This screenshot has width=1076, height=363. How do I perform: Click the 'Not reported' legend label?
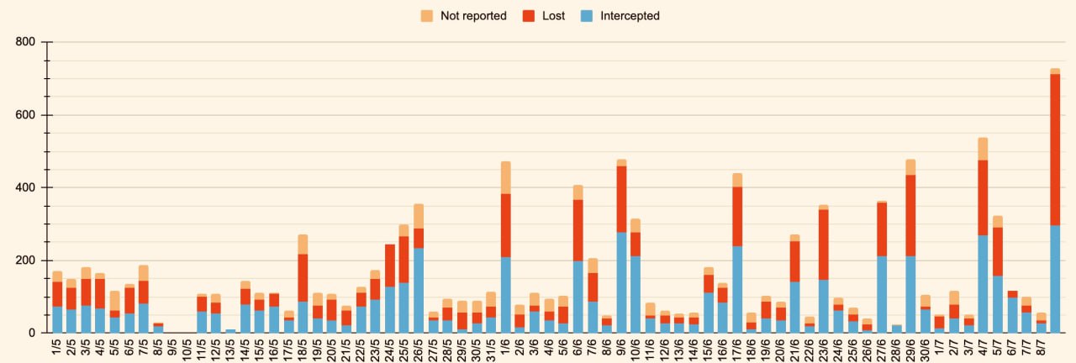(x=473, y=16)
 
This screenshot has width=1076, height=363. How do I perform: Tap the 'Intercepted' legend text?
(x=630, y=16)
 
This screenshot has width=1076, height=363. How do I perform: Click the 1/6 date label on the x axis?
(x=505, y=347)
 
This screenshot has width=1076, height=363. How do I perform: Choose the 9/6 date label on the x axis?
(x=621, y=347)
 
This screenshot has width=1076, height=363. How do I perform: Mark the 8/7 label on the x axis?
(x=1040, y=347)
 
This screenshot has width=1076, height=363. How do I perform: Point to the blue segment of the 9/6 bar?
(x=621, y=282)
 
